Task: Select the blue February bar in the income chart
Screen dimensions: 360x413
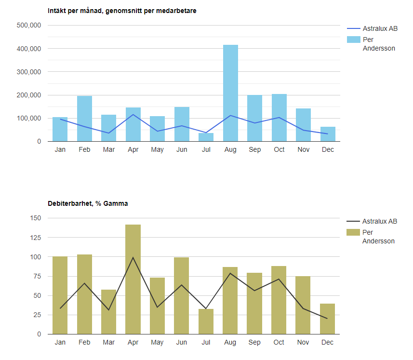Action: tap(84, 119)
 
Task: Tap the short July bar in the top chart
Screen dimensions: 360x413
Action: tap(206, 137)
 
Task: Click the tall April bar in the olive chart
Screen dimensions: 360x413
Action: tap(133, 280)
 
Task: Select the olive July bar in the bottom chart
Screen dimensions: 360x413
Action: tap(206, 321)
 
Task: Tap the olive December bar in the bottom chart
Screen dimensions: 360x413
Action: tap(327, 319)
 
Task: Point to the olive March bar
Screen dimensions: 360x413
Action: tap(108, 312)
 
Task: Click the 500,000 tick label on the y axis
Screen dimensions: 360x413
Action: tap(29, 26)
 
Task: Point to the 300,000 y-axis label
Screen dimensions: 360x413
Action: tap(29, 72)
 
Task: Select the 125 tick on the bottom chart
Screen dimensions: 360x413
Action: tap(35, 238)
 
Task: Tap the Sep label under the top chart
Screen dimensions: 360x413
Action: tap(254, 150)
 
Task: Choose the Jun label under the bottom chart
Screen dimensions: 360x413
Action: tap(182, 343)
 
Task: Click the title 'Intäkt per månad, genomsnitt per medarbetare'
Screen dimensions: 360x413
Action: tap(122, 11)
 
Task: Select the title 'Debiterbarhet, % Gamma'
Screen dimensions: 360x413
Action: tap(88, 203)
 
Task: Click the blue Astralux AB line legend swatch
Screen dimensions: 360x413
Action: tap(353, 28)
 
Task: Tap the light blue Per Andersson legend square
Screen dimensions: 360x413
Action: tap(353, 40)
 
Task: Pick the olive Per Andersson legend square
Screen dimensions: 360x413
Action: tap(353, 232)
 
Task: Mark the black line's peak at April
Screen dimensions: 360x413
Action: tap(133, 257)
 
